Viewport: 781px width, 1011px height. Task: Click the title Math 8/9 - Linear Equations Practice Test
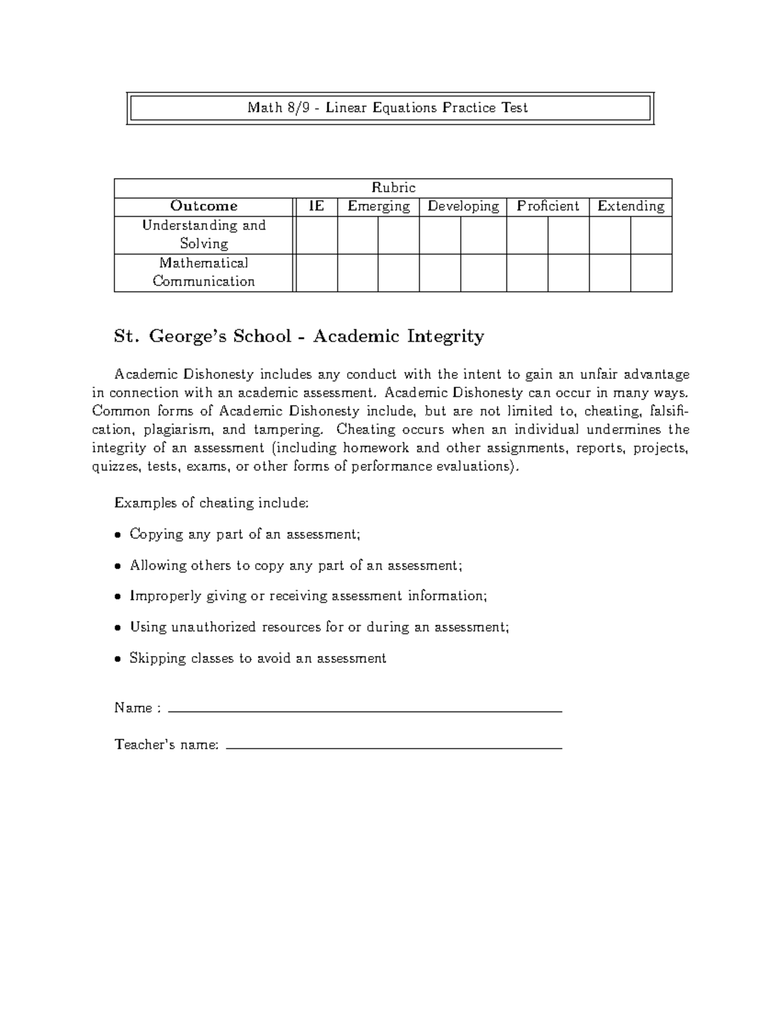click(388, 108)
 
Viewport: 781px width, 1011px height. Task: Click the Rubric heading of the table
click(393, 188)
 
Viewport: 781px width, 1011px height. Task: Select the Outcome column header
click(204, 206)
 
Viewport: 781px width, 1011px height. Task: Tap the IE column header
click(316, 206)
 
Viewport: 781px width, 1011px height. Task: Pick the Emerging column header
click(378, 206)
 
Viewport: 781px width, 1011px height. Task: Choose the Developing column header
click(463, 206)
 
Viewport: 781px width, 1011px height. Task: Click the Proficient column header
click(547, 206)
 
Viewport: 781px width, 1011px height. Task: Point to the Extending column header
click(631, 206)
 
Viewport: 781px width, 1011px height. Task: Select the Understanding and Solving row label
click(204, 234)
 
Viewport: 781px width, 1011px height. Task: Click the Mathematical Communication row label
click(204, 272)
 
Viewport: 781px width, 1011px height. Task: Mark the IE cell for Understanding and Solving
click(317, 235)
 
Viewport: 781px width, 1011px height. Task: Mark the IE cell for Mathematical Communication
click(317, 273)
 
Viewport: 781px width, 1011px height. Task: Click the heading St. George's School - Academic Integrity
click(299, 337)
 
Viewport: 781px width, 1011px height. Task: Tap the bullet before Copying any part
click(118, 535)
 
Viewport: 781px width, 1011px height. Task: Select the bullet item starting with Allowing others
click(295, 566)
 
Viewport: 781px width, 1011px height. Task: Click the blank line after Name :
click(364, 712)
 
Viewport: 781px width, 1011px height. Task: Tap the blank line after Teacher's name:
click(394, 748)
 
